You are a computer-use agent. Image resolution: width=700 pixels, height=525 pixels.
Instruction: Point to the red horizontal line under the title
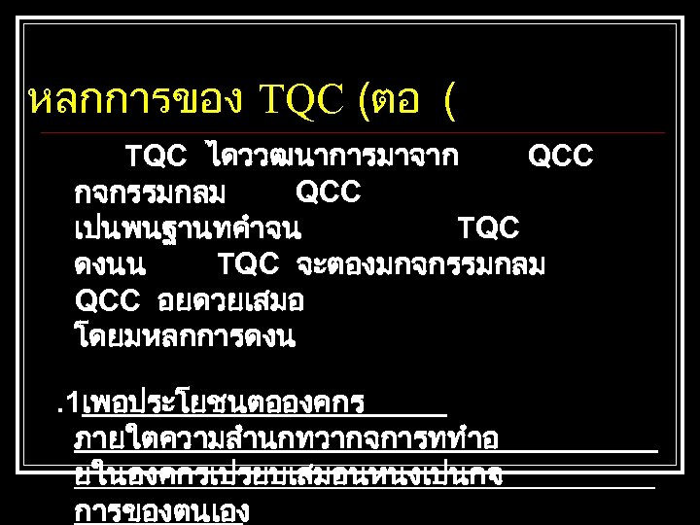click(350, 132)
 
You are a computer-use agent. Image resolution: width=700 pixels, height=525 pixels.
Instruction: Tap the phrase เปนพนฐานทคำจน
click(188, 228)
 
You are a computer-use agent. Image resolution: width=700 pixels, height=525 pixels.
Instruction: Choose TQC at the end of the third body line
click(488, 228)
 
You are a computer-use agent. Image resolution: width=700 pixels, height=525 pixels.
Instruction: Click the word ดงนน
click(110, 264)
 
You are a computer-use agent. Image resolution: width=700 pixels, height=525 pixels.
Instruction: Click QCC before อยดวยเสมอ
click(108, 300)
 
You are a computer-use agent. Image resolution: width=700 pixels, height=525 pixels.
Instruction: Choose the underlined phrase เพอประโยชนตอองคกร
click(224, 402)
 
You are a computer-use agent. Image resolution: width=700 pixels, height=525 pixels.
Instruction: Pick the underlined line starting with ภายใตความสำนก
click(287, 438)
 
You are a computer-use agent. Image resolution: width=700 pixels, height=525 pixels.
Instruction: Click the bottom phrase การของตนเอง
click(162, 511)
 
